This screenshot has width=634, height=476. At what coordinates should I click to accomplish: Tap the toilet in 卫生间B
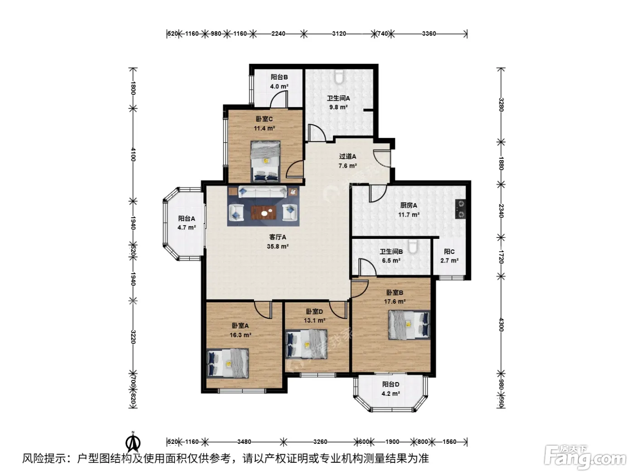413,246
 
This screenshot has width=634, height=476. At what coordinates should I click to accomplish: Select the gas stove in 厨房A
460,209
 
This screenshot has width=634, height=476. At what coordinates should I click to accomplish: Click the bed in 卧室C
265,161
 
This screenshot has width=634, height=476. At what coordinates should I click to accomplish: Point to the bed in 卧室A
228,363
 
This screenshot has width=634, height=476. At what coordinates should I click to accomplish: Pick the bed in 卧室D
306,344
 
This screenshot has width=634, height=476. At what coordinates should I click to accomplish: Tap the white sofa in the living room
262,192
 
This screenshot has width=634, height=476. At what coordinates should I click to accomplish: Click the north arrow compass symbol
133,442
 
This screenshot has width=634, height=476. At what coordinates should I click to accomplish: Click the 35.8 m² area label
278,247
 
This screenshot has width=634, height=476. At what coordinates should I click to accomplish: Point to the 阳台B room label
279,77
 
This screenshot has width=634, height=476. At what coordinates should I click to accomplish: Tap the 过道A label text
347,156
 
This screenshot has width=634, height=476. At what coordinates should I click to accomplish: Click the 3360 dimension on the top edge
429,34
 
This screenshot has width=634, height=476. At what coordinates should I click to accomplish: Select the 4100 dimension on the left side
133,154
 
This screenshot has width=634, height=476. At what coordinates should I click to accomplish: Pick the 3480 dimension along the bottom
244,442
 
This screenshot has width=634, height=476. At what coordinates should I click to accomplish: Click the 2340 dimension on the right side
501,211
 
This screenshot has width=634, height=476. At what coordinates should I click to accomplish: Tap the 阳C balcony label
449,252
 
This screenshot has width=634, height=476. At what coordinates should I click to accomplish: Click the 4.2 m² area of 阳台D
390,393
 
